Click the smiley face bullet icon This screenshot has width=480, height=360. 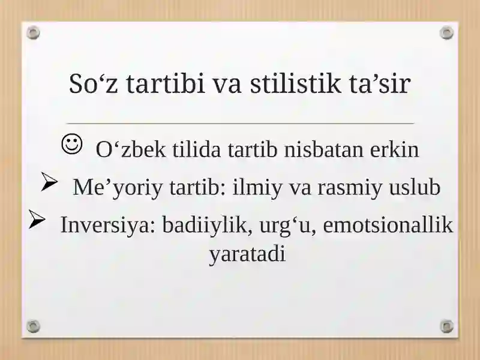(x=72, y=144)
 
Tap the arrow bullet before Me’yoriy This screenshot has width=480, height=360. (x=49, y=182)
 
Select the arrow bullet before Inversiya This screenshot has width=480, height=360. (x=37, y=219)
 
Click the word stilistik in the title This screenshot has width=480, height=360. (x=295, y=83)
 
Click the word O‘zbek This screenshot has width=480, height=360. (x=131, y=149)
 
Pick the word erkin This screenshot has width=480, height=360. (x=394, y=149)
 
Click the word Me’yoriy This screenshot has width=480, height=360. (x=118, y=187)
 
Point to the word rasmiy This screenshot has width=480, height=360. (x=350, y=187)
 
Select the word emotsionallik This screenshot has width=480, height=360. (x=388, y=224)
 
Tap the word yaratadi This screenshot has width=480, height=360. (x=247, y=254)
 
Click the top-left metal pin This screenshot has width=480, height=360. (x=33, y=32)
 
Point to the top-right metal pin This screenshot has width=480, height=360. (x=446, y=32)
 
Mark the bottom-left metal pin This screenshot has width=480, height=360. (x=33, y=326)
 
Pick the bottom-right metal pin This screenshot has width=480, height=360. (x=446, y=326)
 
